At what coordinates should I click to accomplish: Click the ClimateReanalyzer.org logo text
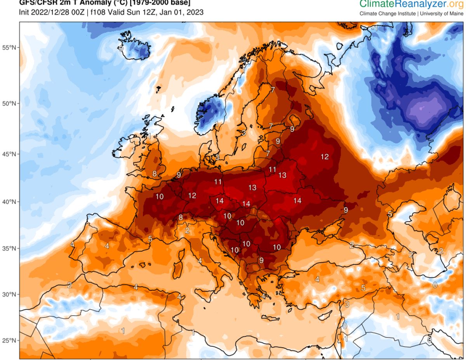pyautogui.click(x=411, y=5)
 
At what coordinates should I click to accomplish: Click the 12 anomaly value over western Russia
pyautogui.click(x=325, y=157)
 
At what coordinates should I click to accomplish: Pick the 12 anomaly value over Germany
pyautogui.click(x=192, y=196)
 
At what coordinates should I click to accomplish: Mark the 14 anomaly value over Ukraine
pyautogui.click(x=297, y=201)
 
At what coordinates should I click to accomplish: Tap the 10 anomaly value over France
pyautogui.click(x=160, y=197)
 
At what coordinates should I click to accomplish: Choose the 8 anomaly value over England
pyautogui.click(x=155, y=174)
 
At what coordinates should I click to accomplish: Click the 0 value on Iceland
pyautogui.click(x=121, y=49)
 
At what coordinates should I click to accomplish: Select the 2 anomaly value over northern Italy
pyautogui.click(x=187, y=231)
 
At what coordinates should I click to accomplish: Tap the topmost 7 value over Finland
pyautogui.click(x=273, y=90)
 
